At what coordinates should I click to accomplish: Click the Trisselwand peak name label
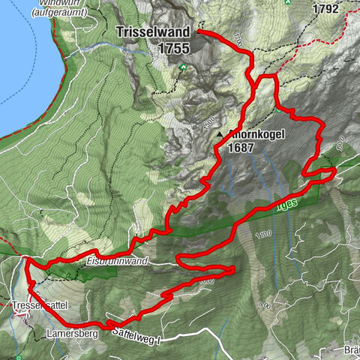tap(154, 34)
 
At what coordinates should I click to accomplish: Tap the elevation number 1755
tap(173, 47)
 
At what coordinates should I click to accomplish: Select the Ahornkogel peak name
tap(256, 136)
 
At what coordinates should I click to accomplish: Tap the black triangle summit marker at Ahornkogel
tap(220, 135)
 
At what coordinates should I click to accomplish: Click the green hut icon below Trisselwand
tap(182, 68)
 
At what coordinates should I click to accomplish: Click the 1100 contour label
tap(262, 235)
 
